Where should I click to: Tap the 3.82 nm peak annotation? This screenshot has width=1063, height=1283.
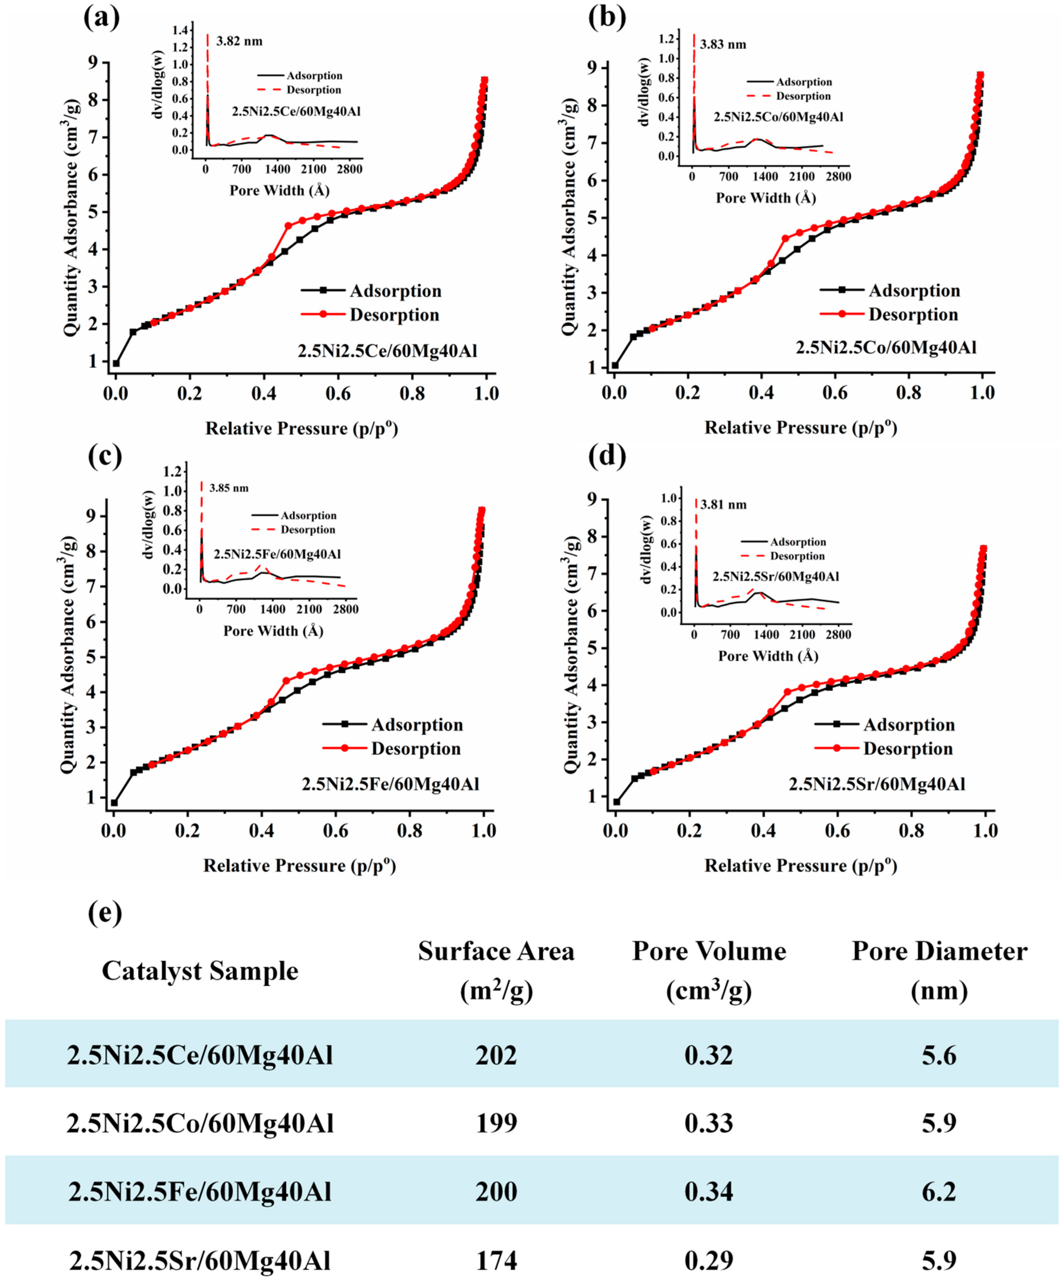point(239,42)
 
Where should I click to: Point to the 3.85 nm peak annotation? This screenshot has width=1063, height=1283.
point(229,488)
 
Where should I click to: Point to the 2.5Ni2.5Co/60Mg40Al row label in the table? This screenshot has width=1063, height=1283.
point(200,1123)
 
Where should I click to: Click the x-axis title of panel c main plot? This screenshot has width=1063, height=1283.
point(300,866)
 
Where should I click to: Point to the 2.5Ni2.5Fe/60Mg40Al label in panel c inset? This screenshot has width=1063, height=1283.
point(277,554)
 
